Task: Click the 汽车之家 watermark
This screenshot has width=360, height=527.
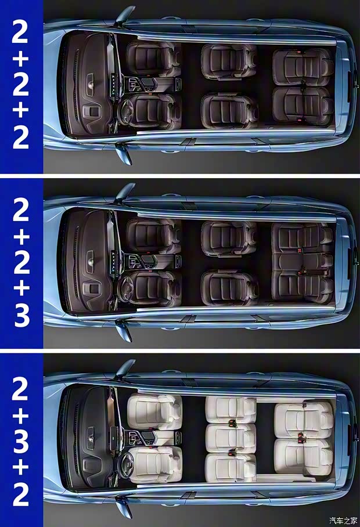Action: point(342,519)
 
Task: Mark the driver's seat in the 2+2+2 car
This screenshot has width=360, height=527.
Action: point(152,110)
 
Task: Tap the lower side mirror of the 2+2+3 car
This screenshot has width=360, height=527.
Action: point(123,331)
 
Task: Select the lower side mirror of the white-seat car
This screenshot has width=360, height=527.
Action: point(123,508)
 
